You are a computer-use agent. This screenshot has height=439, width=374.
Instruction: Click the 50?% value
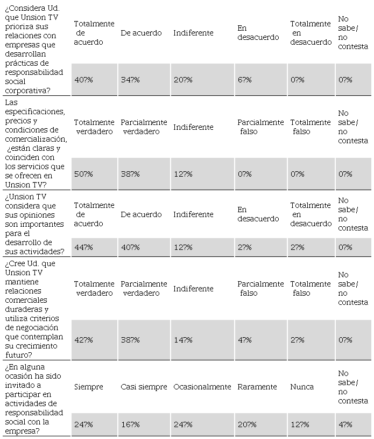(x=83, y=174)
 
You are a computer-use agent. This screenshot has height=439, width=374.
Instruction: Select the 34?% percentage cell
(x=130, y=80)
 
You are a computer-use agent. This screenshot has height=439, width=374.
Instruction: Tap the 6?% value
(x=244, y=80)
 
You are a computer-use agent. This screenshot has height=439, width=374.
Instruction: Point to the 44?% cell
(x=83, y=247)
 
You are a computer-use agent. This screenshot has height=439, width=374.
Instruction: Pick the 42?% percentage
(x=83, y=340)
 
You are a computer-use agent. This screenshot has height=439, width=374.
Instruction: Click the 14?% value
(x=183, y=340)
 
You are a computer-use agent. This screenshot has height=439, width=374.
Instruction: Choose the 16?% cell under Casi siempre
(x=130, y=424)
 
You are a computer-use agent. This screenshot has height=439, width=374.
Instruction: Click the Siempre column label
(x=88, y=387)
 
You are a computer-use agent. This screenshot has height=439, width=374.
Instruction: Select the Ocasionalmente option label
(x=202, y=387)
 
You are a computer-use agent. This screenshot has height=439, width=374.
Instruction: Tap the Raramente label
(x=257, y=387)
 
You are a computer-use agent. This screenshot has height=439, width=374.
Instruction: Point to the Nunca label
(x=302, y=387)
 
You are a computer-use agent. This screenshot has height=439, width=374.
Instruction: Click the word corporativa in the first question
(x=26, y=90)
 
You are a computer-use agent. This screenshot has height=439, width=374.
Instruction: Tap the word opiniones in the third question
(x=30, y=214)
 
